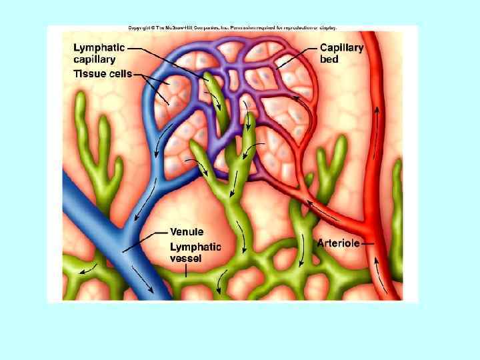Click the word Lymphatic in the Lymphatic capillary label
pyautogui.click(x=98, y=48)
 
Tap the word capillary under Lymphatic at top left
pyautogui.click(x=94, y=59)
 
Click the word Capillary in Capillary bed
pyautogui.click(x=342, y=48)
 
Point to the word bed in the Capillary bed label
pyautogui.click(x=329, y=59)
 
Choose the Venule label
pyautogui.click(x=187, y=232)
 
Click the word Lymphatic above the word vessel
pyautogui.click(x=195, y=247)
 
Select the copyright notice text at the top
pyautogui.click(x=233, y=28)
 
